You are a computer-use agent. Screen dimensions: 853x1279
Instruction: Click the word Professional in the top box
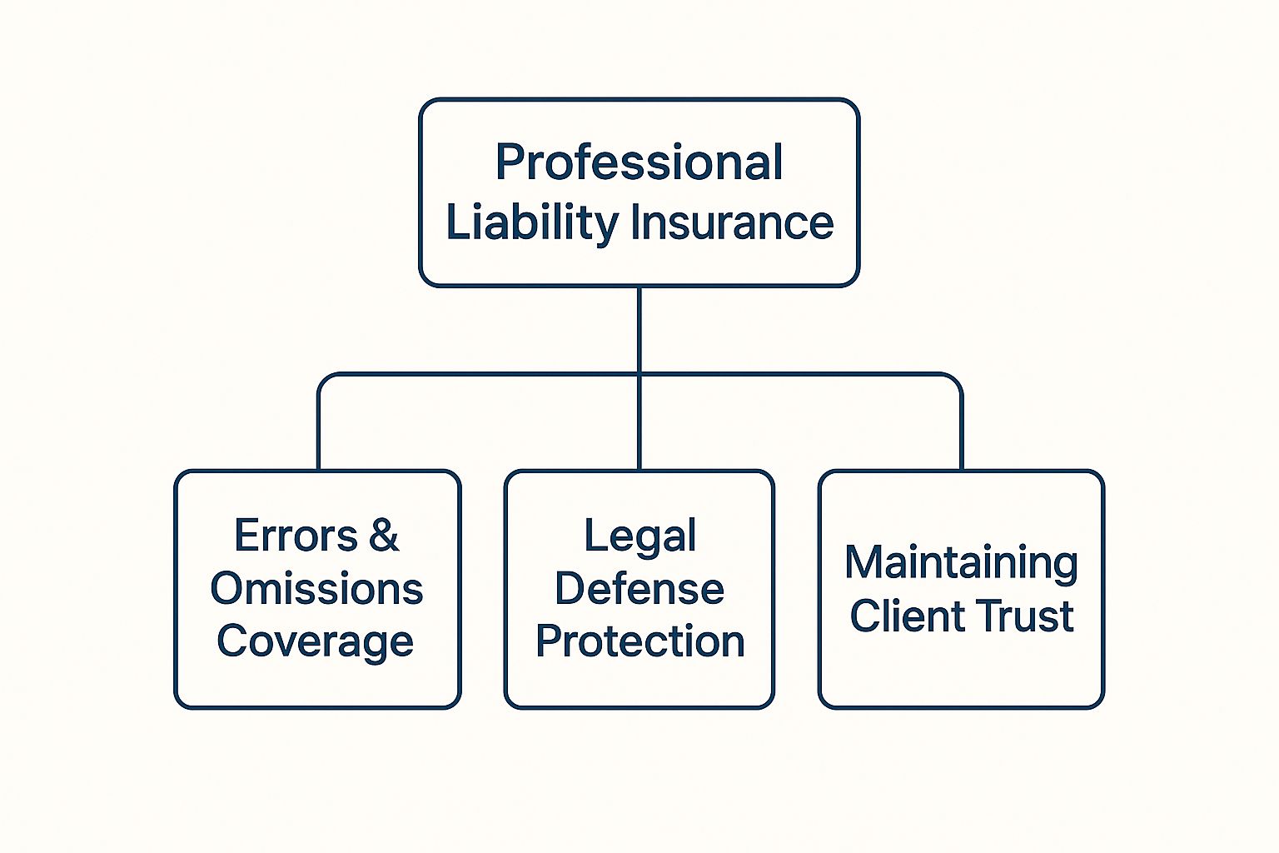[x=639, y=162]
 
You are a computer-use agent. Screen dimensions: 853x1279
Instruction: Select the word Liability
[x=532, y=222]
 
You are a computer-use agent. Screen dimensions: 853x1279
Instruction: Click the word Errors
[x=295, y=536]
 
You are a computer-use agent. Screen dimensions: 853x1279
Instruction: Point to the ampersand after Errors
[x=383, y=536]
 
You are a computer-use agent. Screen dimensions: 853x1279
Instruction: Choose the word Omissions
[x=316, y=589]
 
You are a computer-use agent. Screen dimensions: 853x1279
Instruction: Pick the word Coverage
[x=315, y=641]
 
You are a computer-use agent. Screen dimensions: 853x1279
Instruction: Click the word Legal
[x=639, y=536]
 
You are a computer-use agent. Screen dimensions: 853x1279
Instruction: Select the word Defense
[x=639, y=589]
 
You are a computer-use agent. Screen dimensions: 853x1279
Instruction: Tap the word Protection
[x=639, y=641]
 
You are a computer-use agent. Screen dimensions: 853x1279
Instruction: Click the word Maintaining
[x=961, y=562]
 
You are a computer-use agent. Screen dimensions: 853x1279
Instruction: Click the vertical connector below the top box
[x=639, y=329]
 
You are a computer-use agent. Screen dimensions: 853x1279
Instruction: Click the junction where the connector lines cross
[x=639, y=374]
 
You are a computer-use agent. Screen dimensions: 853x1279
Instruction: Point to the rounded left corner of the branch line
[x=324, y=380]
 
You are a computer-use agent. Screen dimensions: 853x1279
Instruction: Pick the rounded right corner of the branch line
[x=956, y=380]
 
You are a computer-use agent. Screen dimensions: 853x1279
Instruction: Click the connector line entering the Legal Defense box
[x=639, y=433]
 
